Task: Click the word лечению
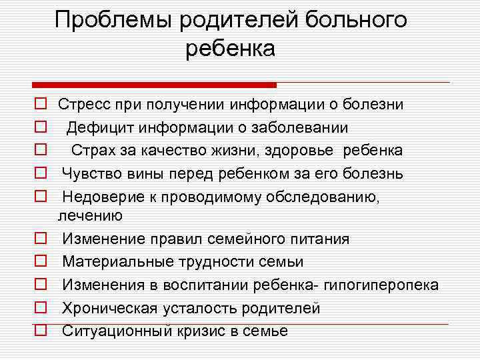pos(90,215)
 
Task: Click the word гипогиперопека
pos(381,285)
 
